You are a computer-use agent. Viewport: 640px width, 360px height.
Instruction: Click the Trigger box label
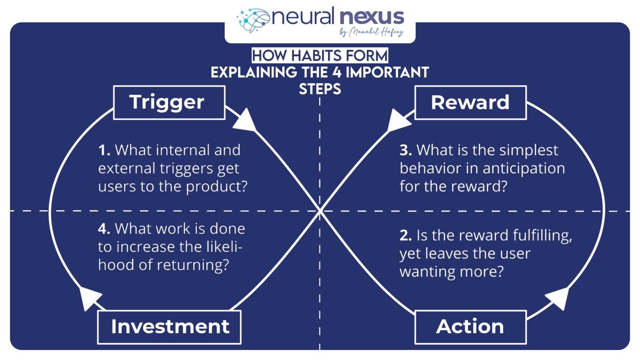point(169,102)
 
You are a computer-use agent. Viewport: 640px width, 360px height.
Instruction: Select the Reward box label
point(470,102)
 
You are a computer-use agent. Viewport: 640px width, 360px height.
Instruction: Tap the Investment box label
point(170,327)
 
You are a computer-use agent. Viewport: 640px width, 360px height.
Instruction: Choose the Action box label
point(470,327)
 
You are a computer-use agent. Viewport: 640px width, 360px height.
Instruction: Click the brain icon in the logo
point(253,20)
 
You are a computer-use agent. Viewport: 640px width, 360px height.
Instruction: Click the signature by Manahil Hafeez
point(371,32)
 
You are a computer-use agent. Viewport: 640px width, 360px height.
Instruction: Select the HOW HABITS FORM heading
point(320,55)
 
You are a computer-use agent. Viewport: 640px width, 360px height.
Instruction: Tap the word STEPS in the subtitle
point(320,89)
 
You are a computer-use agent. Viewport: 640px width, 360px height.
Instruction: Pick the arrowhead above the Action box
point(559,297)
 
